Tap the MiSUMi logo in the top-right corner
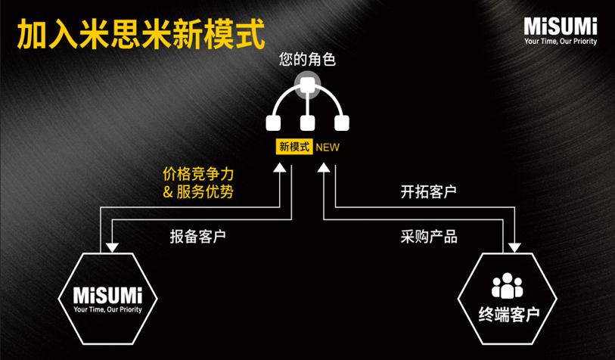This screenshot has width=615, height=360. (561, 25)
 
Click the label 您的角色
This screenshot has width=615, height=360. (307, 59)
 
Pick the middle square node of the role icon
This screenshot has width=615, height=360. (306, 123)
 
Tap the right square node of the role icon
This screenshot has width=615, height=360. (341, 123)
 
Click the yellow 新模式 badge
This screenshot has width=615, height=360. (295, 147)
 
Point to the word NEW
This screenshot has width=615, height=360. (328, 147)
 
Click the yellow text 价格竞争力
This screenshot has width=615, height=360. (198, 174)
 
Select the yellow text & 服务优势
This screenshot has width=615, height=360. (198, 192)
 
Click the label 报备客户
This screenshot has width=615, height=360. (198, 236)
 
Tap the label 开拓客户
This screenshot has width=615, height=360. (428, 192)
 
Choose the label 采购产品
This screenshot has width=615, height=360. (428, 236)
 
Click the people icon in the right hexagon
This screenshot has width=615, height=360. (507, 286)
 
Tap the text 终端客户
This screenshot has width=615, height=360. (507, 312)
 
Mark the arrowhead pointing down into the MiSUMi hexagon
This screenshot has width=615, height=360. (112, 247)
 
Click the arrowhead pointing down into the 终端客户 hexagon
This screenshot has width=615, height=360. (514, 247)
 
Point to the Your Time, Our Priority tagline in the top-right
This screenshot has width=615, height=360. (561, 42)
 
